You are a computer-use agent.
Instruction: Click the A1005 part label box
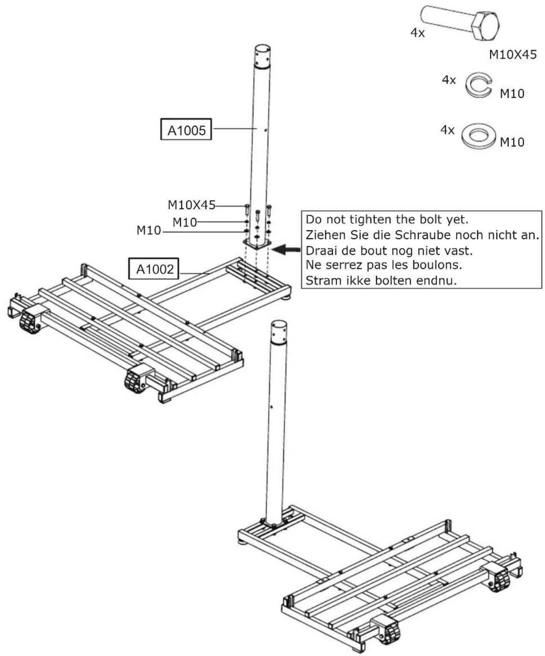pyautogui.click(x=186, y=130)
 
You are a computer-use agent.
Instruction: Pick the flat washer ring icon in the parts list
pyautogui.click(x=479, y=136)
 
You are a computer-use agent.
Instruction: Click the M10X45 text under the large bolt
pyautogui.click(x=512, y=55)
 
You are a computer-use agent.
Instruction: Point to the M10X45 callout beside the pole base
pyautogui.click(x=191, y=205)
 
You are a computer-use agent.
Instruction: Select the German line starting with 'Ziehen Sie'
pyautogui.click(x=422, y=235)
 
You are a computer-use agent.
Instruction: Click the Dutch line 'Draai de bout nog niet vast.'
pyautogui.click(x=389, y=251)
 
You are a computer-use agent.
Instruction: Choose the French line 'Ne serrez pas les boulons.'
pyautogui.click(x=384, y=265)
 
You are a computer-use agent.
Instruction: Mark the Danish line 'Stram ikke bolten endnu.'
pyautogui.click(x=381, y=281)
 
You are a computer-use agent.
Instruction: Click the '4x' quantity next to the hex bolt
pyautogui.click(x=418, y=33)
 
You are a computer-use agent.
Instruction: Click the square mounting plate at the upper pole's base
pyautogui.click(x=257, y=244)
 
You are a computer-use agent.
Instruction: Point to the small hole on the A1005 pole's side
pyautogui.click(x=265, y=131)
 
